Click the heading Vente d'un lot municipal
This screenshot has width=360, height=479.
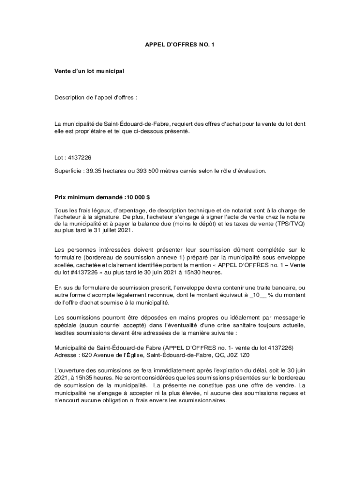89,71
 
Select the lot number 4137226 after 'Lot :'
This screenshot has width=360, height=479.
79,158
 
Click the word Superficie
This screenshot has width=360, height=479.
66,171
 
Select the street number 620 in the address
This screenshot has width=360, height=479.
86,355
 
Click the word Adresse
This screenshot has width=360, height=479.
65,355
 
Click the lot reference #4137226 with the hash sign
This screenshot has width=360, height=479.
83,273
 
